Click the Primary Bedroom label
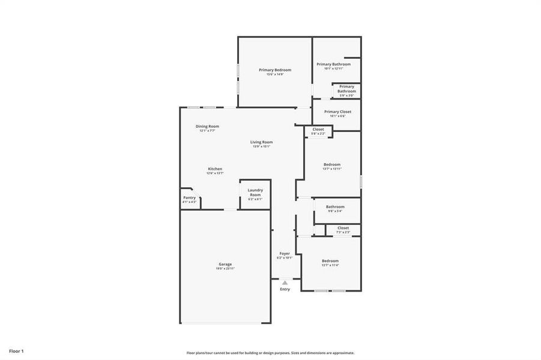pyautogui.click(x=275, y=70)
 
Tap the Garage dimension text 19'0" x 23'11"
pyautogui.click(x=225, y=269)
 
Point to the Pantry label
pyautogui.click(x=189, y=197)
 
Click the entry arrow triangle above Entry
pyautogui.click(x=285, y=282)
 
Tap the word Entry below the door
pyautogui.click(x=285, y=289)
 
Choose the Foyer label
pyautogui.click(x=285, y=253)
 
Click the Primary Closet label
pyautogui.click(x=337, y=112)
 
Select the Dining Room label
pyautogui.click(x=207, y=126)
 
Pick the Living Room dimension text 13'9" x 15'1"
pyautogui.click(x=261, y=146)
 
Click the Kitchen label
pyautogui.click(x=215, y=169)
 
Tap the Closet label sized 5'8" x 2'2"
pyautogui.click(x=318, y=129)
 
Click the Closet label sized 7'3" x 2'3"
pyautogui.click(x=343, y=227)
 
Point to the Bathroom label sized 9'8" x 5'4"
pyautogui.click(x=335, y=206)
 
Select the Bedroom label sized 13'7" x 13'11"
pyautogui.click(x=332, y=164)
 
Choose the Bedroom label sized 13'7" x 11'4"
pyautogui.click(x=330, y=260)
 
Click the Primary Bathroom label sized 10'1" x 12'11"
pyautogui.click(x=334, y=64)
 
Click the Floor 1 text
pyautogui.click(x=16, y=350)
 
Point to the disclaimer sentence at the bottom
pyautogui.click(x=270, y=353)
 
